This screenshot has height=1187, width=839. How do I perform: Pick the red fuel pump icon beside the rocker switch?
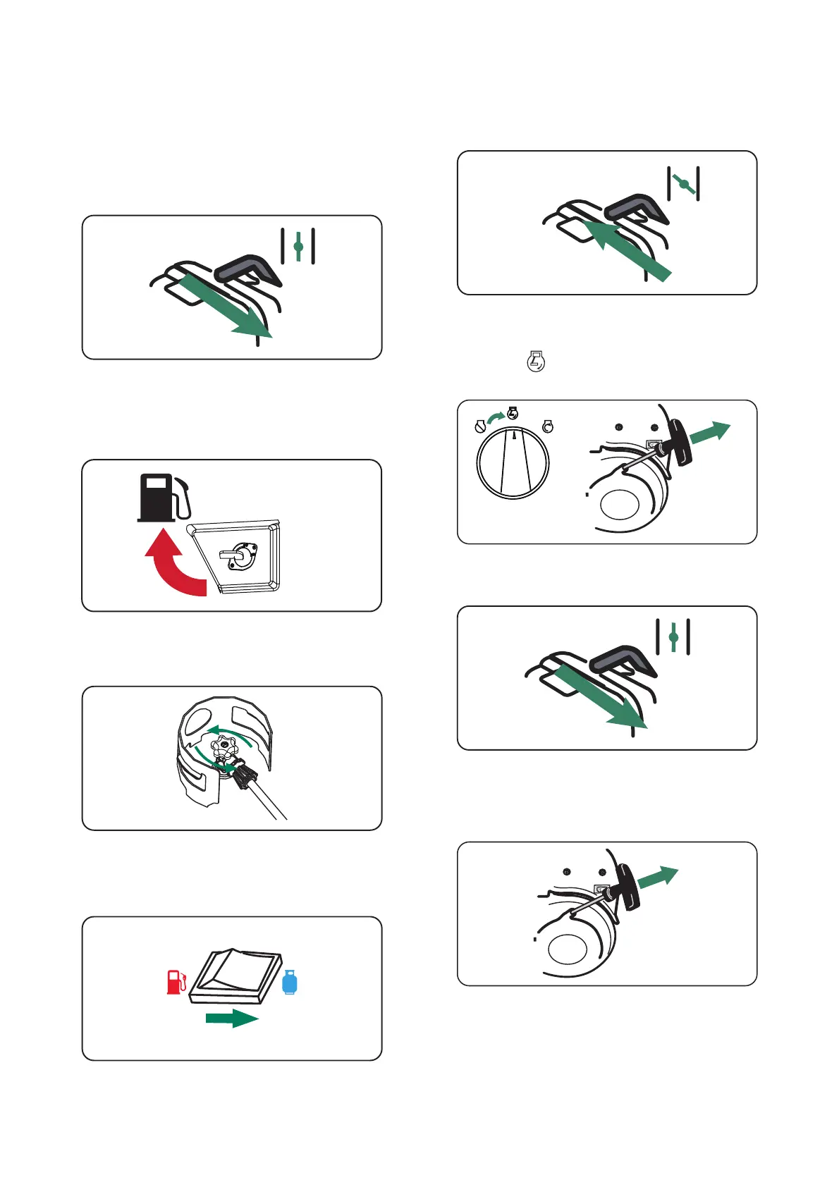[176, 982]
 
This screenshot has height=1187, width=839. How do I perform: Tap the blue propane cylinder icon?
[290, 982]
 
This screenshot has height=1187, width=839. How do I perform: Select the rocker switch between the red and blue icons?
[238, 976]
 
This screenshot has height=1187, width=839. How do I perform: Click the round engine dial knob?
[513, 463]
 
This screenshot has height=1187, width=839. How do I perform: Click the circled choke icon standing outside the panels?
[537, 362]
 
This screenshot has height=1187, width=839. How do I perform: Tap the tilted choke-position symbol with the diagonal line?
[683, 183]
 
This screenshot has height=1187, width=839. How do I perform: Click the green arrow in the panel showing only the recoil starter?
[656, 879]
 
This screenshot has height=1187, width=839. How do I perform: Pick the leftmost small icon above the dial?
[480, 426]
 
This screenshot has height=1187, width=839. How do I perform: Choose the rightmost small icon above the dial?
[548, 426]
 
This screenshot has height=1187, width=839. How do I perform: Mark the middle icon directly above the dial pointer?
[513, 414]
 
